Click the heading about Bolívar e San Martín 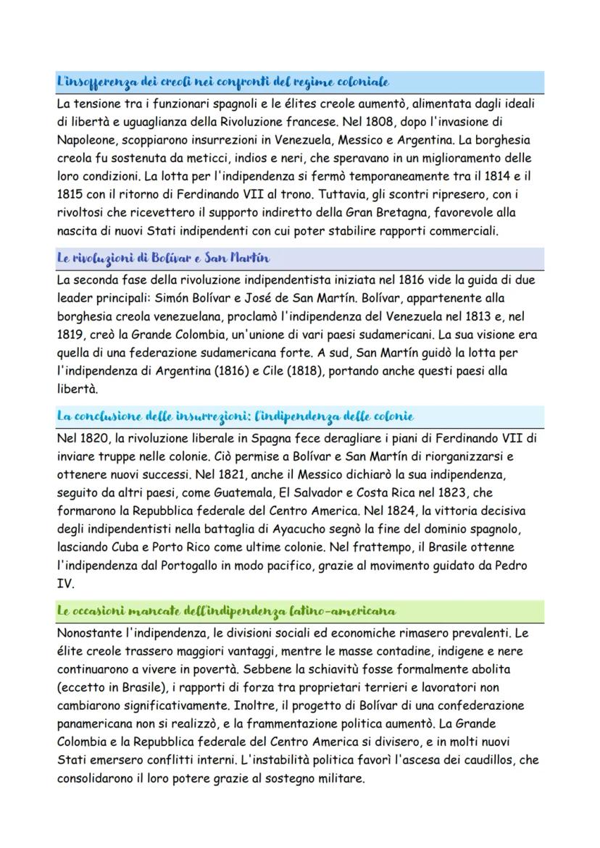[x=163, y=258]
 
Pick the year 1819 [x=70, y=335]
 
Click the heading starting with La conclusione [x=236, y=416]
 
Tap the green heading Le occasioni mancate [x=226, y=610]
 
